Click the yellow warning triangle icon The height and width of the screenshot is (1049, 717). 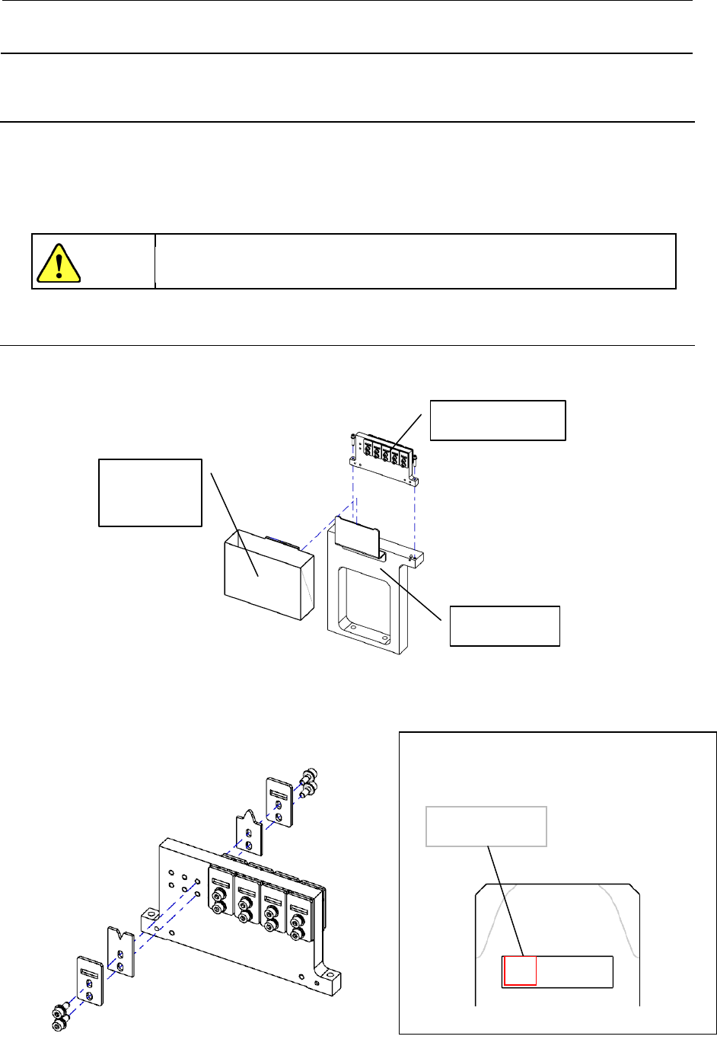point(58,263)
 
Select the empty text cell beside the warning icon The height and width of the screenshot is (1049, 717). point(415,261)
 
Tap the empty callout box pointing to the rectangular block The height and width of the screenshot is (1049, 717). point(150,492)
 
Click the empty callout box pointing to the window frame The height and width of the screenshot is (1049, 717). point(505,625)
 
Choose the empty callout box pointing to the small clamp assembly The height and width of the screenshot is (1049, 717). point(498,420)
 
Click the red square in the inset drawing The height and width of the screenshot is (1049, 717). point(520,971)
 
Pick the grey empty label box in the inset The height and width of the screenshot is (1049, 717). point(486,826)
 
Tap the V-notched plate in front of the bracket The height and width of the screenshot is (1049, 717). point(120,952)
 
